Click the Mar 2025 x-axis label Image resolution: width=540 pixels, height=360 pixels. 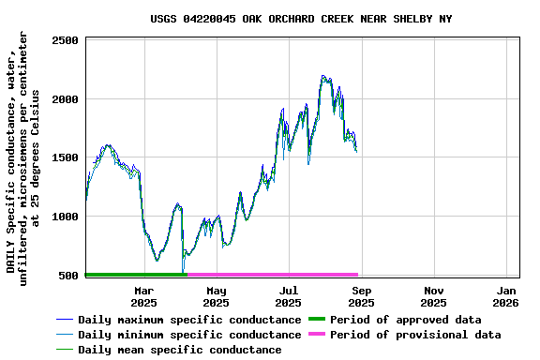[143, 296]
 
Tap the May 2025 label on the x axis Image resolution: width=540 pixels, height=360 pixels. [216, 296]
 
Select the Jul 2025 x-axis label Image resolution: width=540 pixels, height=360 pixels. [289, 296]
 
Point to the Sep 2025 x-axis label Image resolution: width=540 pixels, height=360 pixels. [361, 296]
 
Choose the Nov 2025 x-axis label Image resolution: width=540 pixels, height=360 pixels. [433, 296]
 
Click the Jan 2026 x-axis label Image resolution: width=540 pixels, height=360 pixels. [505, 296]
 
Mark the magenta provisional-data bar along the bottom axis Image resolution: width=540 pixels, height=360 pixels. [272, 275]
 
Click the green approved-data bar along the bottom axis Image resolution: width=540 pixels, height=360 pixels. [136, 275]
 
